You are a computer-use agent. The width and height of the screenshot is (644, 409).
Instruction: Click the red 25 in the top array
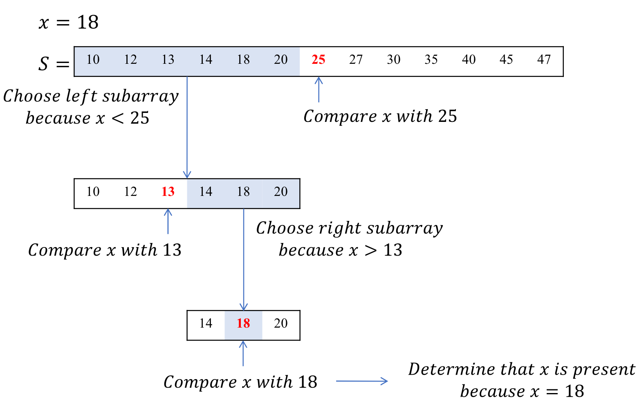318,60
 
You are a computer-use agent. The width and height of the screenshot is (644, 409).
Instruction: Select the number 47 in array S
544,60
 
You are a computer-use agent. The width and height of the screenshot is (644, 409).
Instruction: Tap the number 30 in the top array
393,60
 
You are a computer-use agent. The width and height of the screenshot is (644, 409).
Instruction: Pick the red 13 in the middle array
168,192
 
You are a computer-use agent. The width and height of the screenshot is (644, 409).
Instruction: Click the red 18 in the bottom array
243,324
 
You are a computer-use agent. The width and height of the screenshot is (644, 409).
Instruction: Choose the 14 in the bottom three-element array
206,324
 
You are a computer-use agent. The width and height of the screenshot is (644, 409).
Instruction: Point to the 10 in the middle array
93,192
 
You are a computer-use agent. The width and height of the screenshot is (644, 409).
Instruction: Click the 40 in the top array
469,60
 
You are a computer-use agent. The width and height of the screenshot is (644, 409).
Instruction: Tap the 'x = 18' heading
69,22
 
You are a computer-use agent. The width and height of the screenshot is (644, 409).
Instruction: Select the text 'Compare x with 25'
380,117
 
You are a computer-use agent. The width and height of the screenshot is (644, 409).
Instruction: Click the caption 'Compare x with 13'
105,250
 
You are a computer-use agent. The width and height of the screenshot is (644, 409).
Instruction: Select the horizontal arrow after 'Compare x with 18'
361,381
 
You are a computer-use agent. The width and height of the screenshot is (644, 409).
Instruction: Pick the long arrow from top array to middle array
187,127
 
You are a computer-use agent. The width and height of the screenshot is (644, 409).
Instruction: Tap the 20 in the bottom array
281,324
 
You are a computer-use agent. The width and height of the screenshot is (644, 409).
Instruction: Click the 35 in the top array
431,60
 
